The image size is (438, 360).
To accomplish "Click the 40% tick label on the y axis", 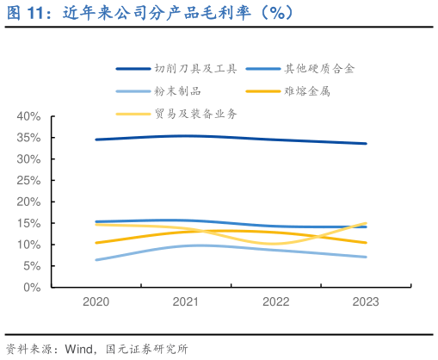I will (x=28, y=116).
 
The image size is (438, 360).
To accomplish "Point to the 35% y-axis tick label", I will (x=28, y=138).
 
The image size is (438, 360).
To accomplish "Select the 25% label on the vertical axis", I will (x=28, y=180).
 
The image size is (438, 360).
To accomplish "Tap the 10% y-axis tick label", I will (x=28, y=245).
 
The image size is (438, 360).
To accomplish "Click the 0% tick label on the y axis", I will (x=31, y=288).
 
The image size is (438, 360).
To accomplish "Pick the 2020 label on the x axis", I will (x=96, y=302).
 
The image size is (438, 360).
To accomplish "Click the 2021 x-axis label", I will (x=186, y=302).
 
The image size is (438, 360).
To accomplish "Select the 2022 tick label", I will (x=276, y=302).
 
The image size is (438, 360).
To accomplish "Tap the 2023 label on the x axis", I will (x=366, y=302).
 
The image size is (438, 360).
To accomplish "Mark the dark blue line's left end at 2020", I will (x=96, y=140).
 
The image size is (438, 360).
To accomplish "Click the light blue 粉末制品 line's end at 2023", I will (x=367, y=257).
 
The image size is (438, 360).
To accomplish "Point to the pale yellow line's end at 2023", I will (x=367, y=223).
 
